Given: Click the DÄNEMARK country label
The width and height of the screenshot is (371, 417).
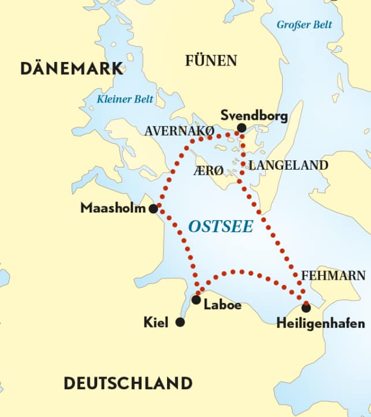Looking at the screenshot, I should coord(72,68).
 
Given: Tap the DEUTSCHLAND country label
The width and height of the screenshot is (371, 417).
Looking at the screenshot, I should coord(128,383).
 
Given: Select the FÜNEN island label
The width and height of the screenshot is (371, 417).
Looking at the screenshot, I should coord(211,61).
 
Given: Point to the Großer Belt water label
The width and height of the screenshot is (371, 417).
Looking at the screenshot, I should coord(305,24).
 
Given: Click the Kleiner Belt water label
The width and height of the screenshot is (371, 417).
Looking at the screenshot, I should coord(125,99).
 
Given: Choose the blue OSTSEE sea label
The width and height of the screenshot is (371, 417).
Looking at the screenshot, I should coord(221,226).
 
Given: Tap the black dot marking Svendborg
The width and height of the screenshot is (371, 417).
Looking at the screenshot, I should coord(242,128).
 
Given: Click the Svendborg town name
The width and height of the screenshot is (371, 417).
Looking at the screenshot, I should coord(254,115).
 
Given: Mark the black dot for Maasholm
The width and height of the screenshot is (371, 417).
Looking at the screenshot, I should coord(153,209).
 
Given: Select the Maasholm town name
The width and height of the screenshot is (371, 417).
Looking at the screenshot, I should coord(113,208).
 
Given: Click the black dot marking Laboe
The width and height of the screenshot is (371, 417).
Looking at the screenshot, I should coord(196,299).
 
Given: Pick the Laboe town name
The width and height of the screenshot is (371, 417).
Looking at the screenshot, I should coord(222,305).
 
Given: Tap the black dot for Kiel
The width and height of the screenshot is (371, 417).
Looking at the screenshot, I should coord(180,322).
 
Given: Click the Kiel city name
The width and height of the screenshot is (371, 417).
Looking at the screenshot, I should coord(155,323).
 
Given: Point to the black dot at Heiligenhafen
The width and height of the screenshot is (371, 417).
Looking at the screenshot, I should coord(306,308).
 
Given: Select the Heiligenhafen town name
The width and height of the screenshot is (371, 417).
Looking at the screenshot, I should coord(321,323).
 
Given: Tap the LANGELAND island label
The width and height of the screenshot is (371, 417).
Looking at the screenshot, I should coord(288,166).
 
